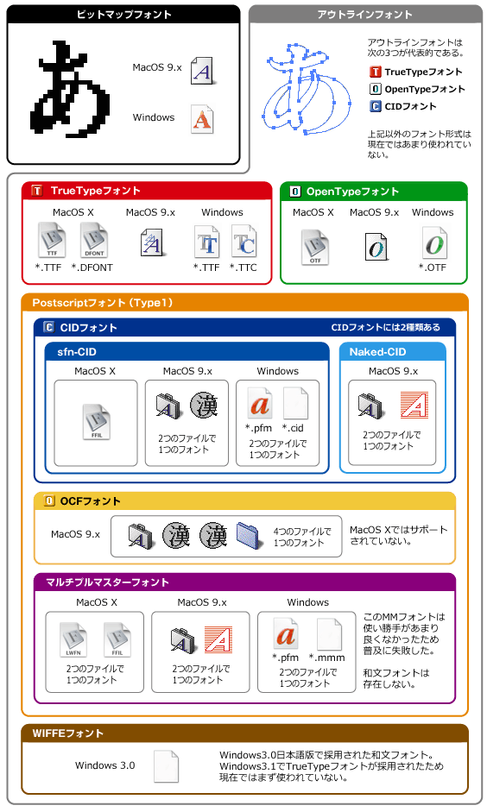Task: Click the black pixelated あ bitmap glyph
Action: click(73, 91)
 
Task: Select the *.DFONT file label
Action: click(92, 268)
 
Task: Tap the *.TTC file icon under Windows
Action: click(244, 242)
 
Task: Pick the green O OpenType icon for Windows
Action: click(434, 242)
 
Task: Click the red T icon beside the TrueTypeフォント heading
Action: click(37, 191)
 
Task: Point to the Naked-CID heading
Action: click(377, 352)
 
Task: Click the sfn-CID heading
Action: click(77, 352)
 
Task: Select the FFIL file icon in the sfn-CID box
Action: click(97, 422)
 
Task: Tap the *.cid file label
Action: click(293, 428)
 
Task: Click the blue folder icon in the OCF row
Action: click(250, 536)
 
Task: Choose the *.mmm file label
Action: click(327, 658)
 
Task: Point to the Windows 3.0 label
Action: click(105, 765)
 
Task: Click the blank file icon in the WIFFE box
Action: click(167, 766)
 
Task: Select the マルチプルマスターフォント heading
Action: click(108, 582)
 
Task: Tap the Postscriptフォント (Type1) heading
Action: click(103, 303)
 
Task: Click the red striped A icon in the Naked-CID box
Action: click(414, 405)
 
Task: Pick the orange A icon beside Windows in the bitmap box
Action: click(202, 120)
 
